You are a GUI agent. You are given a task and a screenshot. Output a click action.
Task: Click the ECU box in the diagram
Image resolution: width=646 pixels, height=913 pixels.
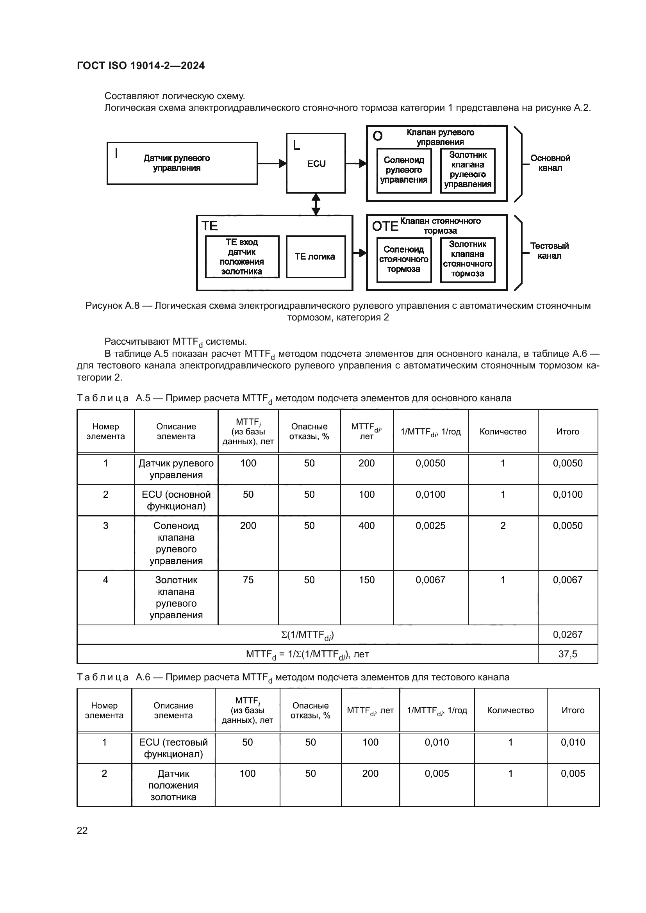(x=316, y=164)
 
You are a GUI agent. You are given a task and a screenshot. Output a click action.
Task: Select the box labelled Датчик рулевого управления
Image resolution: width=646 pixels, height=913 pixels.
(x=182, y=164)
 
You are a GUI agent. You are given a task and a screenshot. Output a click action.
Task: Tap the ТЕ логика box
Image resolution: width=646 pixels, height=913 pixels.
(x=315, y=257)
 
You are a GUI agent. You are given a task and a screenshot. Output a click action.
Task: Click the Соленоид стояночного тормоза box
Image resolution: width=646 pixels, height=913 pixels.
(x=403, y=260)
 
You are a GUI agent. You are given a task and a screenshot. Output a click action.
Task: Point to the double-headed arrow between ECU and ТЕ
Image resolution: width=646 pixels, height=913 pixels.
(x=316, y=204)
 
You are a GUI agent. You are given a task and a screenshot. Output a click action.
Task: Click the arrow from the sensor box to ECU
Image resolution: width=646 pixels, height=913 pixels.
(x=272, y=164)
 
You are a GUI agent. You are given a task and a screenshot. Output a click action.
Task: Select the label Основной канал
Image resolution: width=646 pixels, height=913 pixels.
(x=550, y=163)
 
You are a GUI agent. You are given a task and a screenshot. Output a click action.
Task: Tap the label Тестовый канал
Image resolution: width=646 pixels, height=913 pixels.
(x=550, y=251)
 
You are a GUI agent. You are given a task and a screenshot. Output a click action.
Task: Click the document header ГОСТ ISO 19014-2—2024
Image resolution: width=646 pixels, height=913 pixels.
(x=141, y=66)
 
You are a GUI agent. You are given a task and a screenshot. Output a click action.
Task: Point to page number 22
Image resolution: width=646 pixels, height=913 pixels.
(x=82, y=830)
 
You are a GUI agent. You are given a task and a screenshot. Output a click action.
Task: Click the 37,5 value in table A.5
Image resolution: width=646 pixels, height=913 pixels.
(x=567, y=654)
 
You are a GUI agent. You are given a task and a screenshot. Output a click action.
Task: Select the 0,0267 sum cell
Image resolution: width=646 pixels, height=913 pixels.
(x=567, y=635)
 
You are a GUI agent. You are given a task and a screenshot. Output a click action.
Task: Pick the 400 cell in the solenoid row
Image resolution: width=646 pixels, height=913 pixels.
(x=366, y=526)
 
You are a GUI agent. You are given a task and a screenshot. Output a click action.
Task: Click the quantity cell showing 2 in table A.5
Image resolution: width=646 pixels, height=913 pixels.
(x=503, y=526)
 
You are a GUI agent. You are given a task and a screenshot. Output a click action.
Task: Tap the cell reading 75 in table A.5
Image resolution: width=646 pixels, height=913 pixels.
(x=248, y=580)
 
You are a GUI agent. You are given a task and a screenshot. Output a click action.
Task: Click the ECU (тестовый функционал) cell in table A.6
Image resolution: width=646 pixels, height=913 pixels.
(x=173, y=748)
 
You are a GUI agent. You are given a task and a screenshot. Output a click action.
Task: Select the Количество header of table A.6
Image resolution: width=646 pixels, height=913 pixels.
(x=510, y=710)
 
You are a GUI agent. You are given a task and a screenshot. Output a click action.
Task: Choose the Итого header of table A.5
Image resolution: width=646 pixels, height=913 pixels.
(x=567, y=431)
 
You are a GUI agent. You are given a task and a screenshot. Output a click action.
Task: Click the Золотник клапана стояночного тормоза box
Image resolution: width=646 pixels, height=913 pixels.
(x=468, y=259)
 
